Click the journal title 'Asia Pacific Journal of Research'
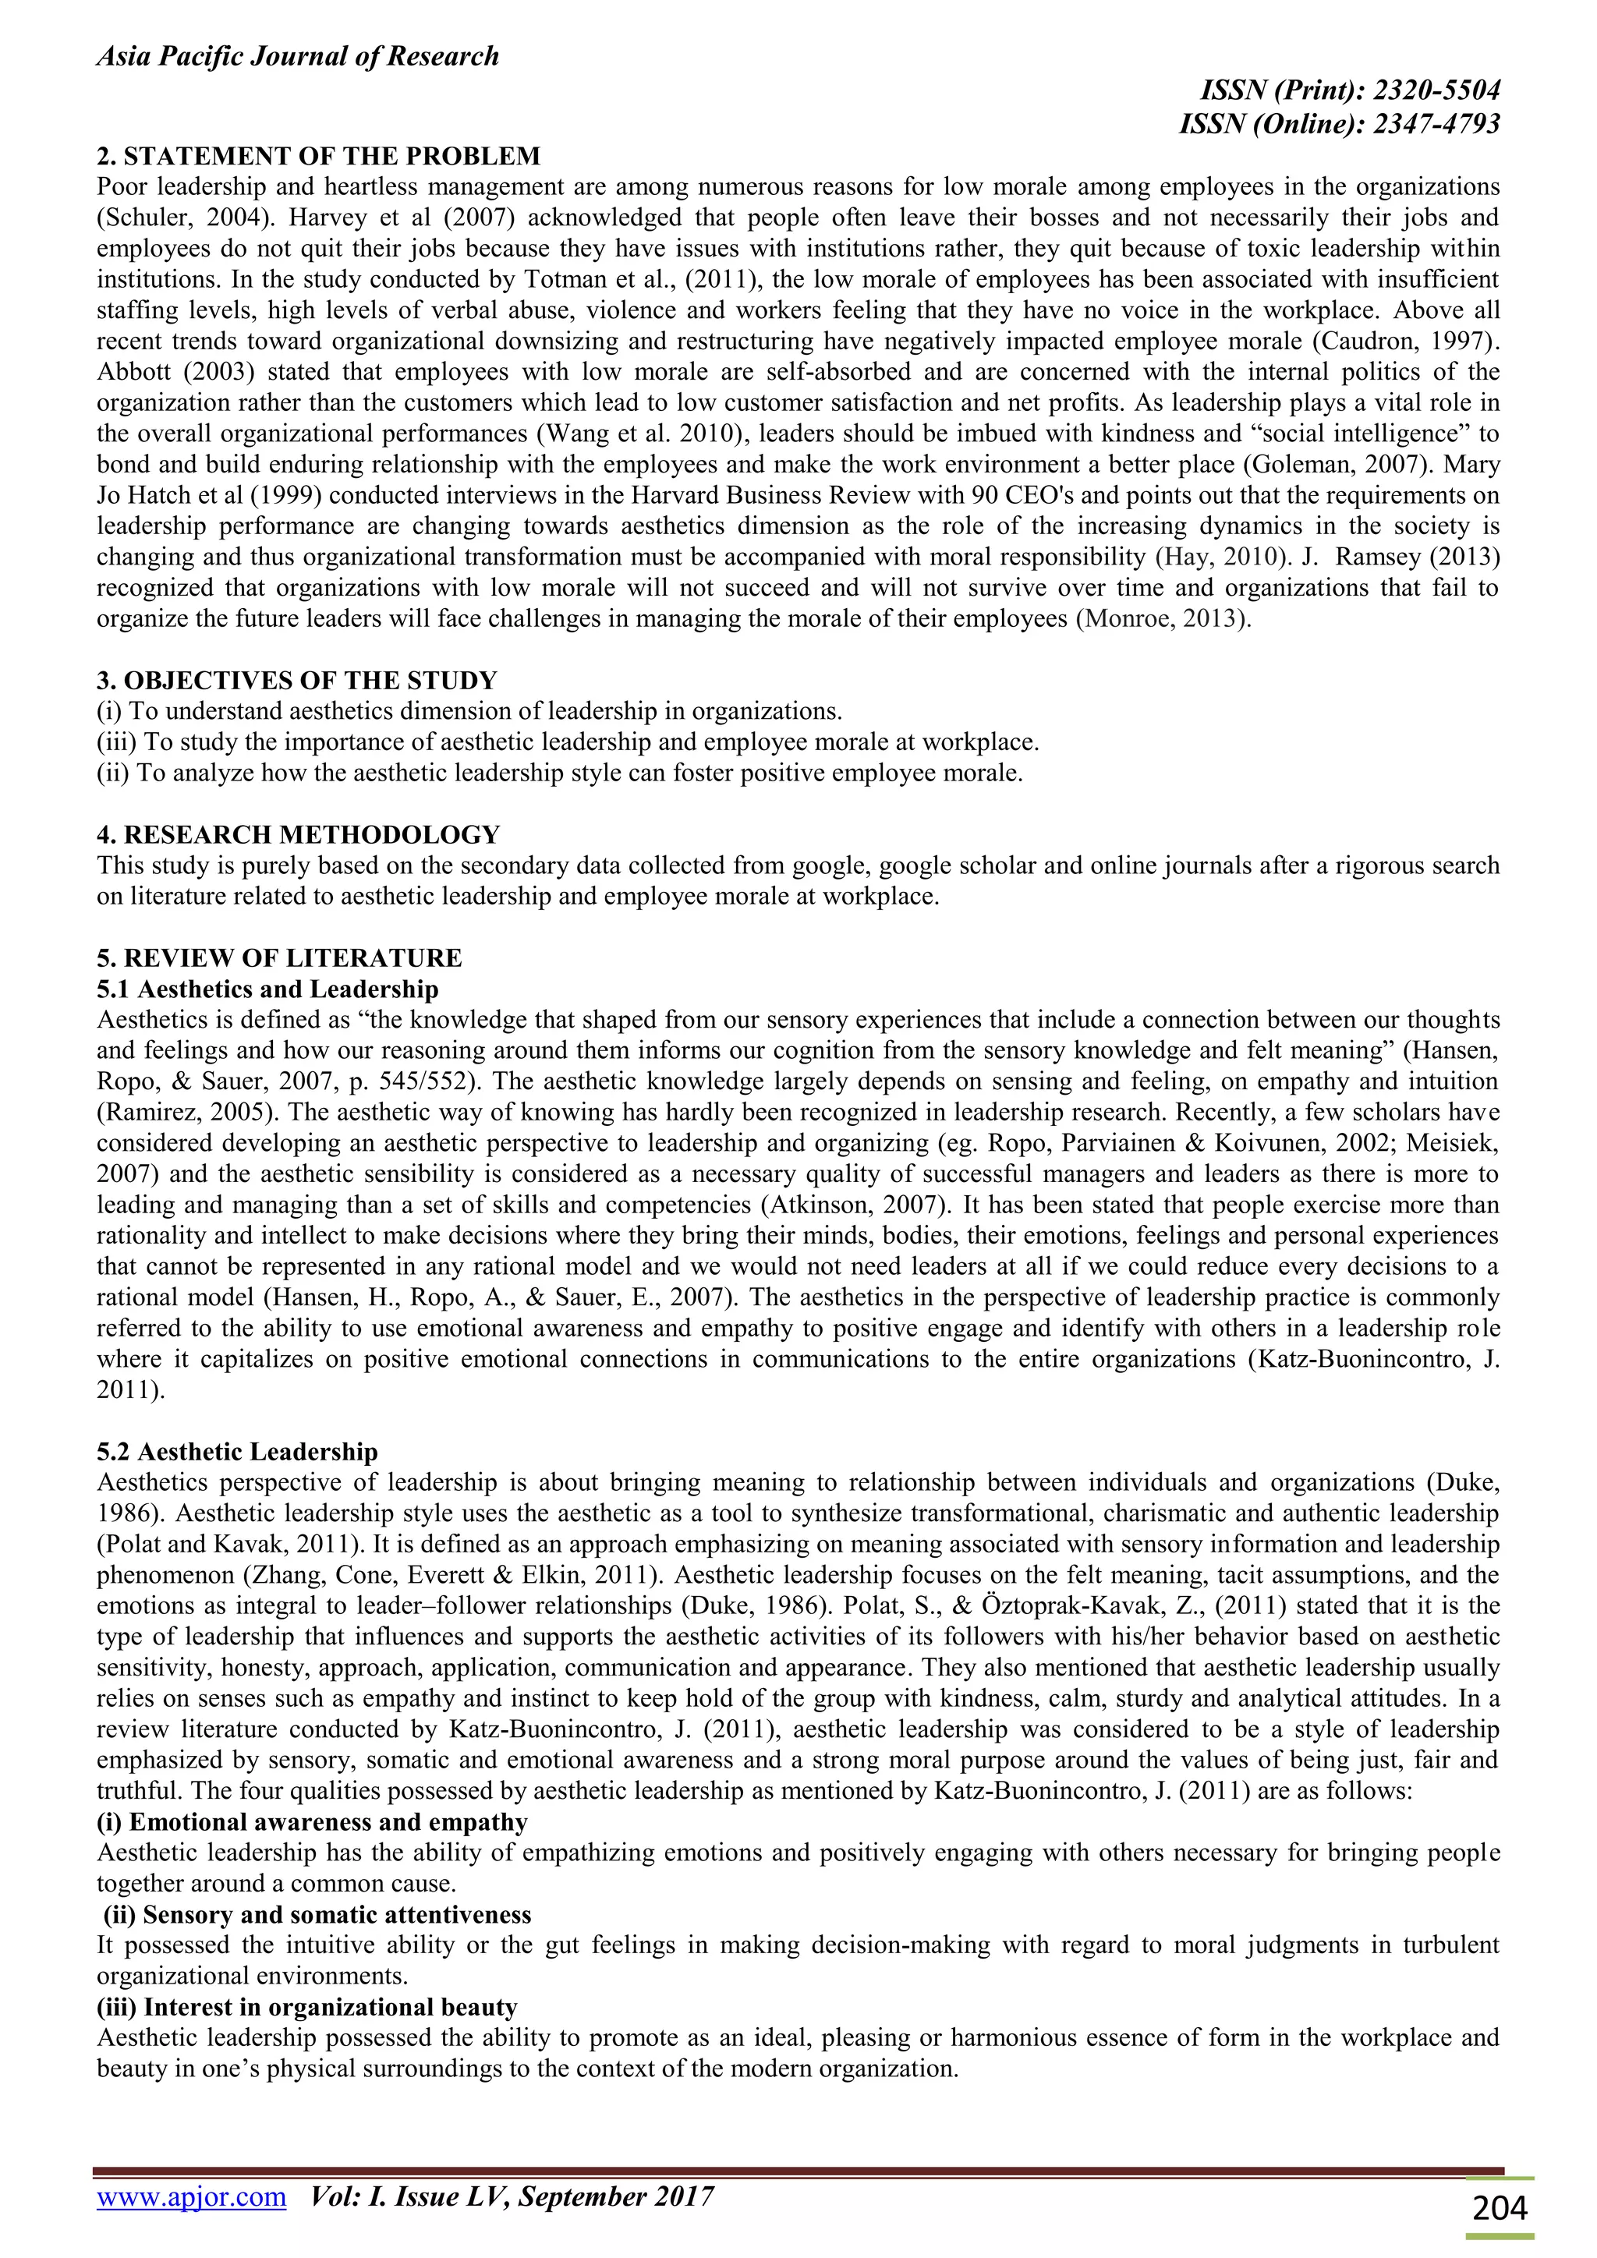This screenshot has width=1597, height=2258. [297, 57]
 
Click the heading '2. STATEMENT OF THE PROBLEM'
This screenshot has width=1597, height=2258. [319, 157]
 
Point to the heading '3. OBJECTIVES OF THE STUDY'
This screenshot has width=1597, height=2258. [297, 681]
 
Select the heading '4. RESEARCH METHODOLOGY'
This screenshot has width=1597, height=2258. [298, 835]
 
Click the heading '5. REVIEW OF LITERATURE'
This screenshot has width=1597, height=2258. [279, 958]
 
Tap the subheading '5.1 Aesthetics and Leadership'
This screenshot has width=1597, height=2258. [267, 989]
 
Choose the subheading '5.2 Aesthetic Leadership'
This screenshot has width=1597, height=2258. [237, 1452]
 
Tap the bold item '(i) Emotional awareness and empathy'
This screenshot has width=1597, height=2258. [312, 1822]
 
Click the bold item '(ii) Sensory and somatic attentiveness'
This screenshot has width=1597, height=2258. [317, 1915]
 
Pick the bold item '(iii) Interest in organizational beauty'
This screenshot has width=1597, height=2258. [306, 2007]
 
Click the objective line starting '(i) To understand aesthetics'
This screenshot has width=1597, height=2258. [469, 711]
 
